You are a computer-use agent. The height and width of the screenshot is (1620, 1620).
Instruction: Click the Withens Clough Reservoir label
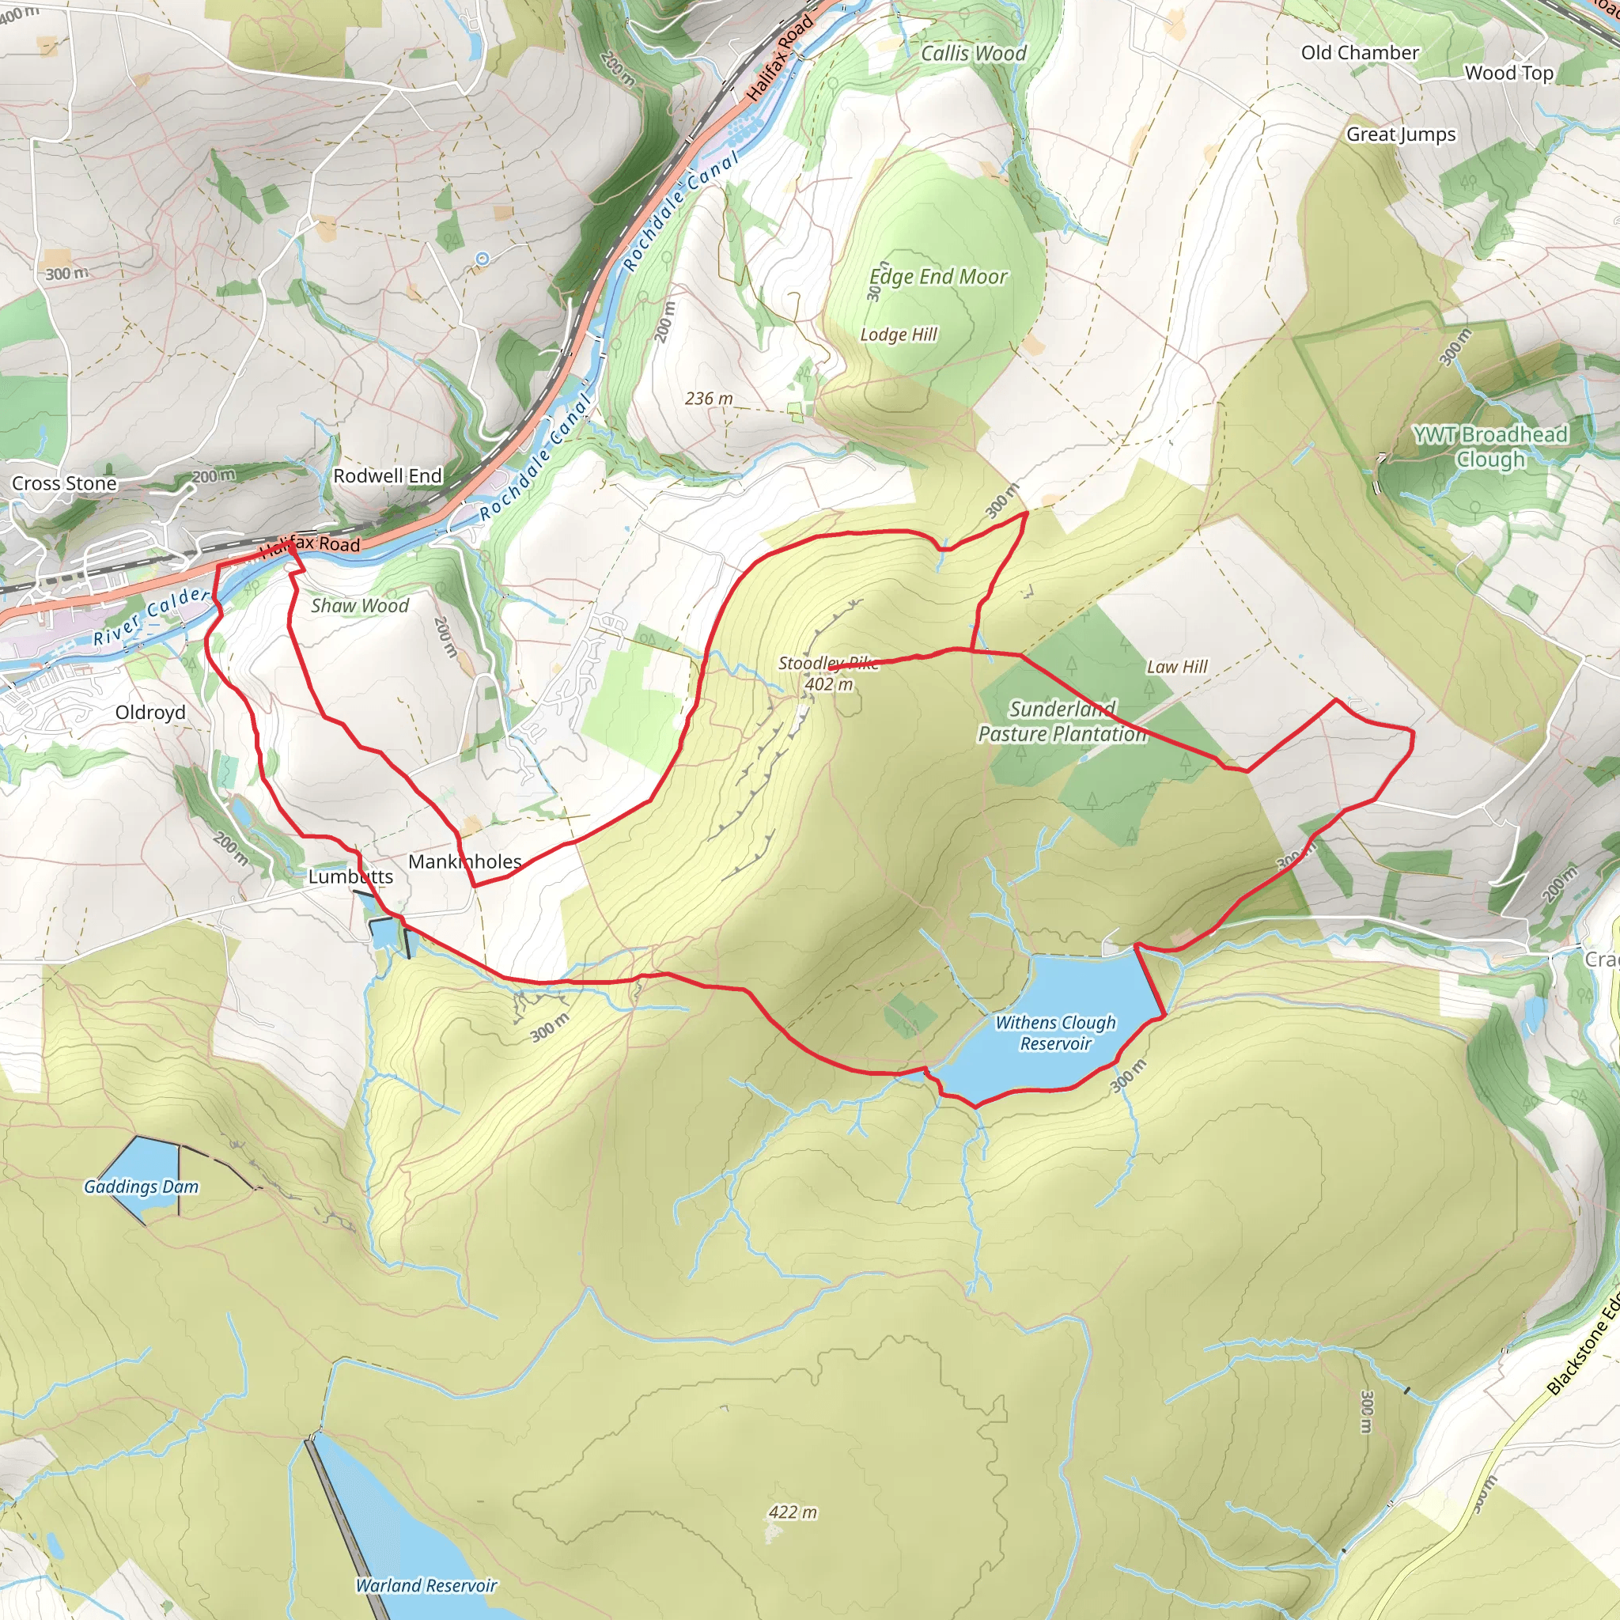(x=1056, y=1033)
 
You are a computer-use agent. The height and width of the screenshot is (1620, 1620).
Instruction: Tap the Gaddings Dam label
(x=141, y=1187)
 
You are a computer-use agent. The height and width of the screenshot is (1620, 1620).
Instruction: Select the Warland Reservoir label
(x=426, y=1584)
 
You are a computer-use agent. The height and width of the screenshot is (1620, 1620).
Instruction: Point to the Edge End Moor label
(x=938, y=277)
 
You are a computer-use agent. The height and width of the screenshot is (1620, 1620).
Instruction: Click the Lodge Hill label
(x=899, y=335)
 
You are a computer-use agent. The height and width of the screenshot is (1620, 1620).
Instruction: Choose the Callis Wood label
(x=974, y=54)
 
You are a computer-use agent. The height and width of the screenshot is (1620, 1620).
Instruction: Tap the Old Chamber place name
(x=1360, y=53)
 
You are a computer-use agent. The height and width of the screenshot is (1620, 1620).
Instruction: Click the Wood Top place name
(x=1509, y=73)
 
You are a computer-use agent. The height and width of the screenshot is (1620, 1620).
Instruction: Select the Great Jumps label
(x=1401, y=134)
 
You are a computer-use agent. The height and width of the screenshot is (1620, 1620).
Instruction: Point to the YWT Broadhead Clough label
(x=1490, y=447)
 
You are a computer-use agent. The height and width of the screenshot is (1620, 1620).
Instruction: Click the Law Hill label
(x=1177, y=667)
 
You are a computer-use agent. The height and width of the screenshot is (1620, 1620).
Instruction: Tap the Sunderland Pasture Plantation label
(x=1062, y=721)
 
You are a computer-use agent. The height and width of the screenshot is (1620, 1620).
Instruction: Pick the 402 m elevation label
(x=828, y=684)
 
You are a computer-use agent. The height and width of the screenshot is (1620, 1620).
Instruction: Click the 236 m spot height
(x=709, y=399)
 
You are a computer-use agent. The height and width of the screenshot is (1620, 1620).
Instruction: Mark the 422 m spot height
(x=793, y=1512)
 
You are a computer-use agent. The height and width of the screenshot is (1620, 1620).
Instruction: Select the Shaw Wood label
(x=360, y=605)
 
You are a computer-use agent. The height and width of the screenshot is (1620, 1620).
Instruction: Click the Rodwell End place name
(x=388, y=475)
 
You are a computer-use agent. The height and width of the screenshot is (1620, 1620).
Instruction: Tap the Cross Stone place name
(x=65, y=483)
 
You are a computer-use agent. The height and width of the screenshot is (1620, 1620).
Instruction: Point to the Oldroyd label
(x=151, y=712)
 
